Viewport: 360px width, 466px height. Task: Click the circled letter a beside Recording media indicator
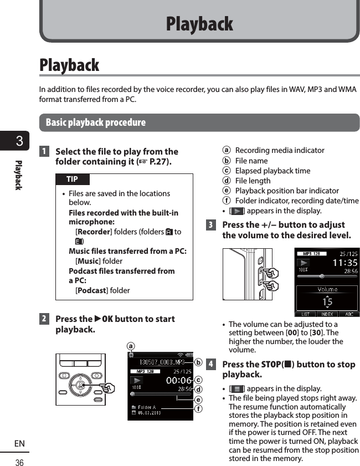coord(227,151)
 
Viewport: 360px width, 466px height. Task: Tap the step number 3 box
coord(210,225)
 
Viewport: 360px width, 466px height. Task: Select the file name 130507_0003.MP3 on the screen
coord(158,363)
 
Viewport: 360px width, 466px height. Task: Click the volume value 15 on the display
coord(327,301)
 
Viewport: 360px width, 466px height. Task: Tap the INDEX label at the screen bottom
coord(327,314)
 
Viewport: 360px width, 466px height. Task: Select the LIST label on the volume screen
coord(305,314)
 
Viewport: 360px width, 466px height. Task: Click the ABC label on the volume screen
coord(349,314)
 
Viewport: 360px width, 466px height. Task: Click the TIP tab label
coord(72,179)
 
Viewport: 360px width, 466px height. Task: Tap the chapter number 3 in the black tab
coord(19,141)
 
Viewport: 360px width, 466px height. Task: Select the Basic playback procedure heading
coord(96,122)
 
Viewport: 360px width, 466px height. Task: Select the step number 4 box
coord(210,365)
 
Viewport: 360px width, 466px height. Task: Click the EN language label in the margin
coord(19,444)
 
